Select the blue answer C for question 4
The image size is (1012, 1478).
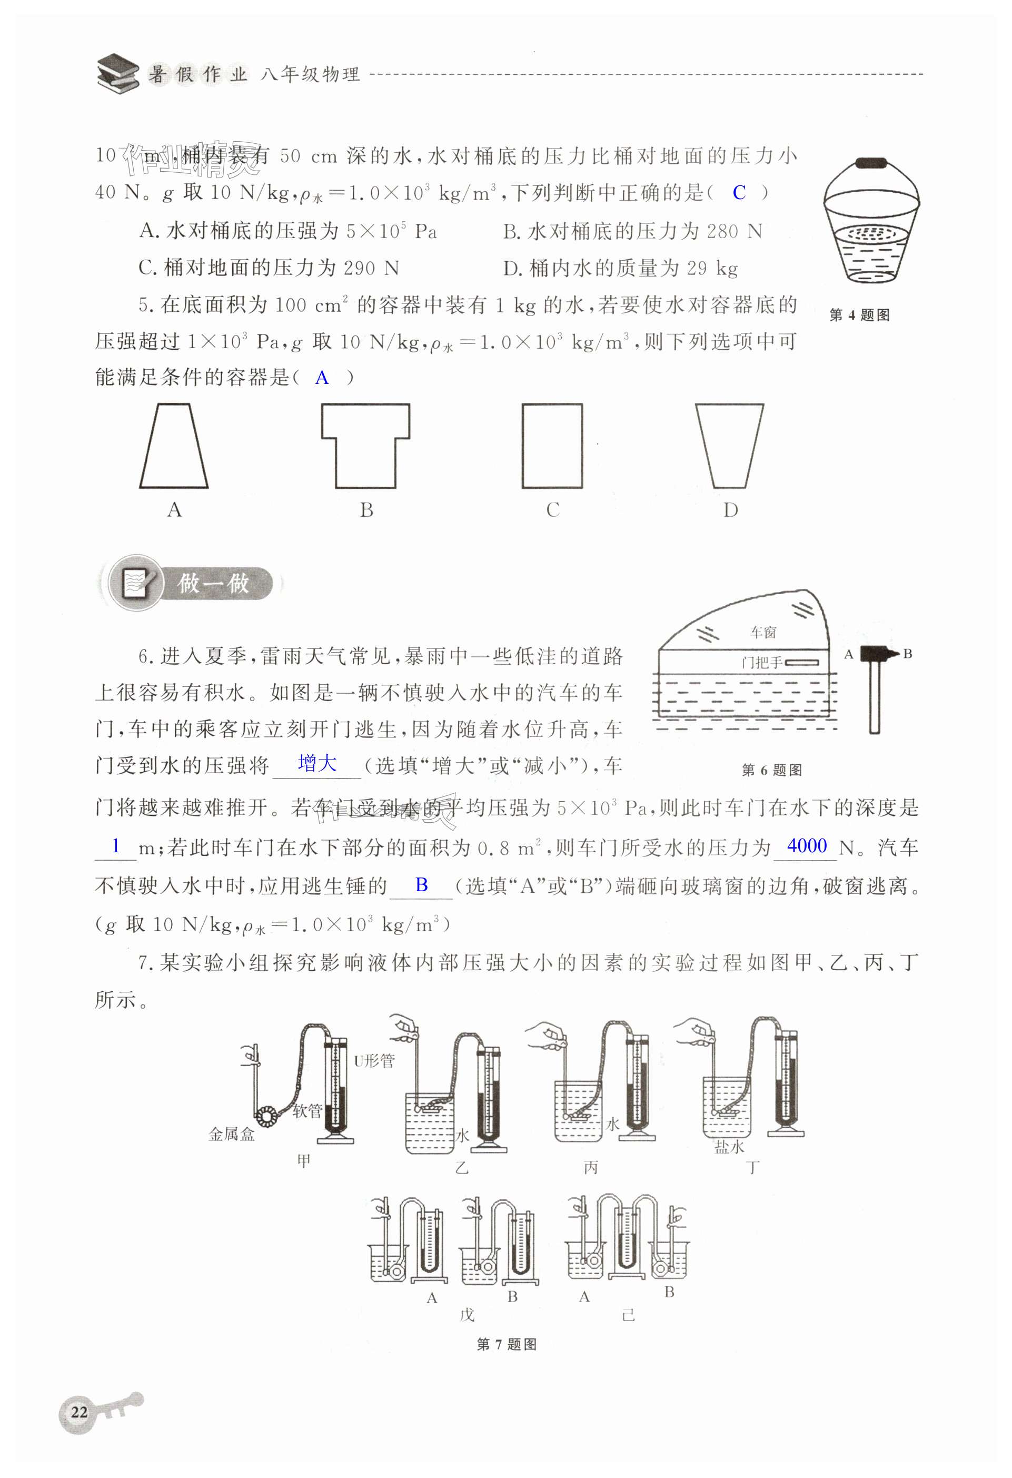pos(739,192)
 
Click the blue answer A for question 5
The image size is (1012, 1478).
pos(322,378)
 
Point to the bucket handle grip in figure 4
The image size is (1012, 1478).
pos(871,163)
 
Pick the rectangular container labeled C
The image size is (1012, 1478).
pos(522,445)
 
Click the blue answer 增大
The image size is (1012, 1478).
pos(317,763)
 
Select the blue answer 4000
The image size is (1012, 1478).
pos(807,846)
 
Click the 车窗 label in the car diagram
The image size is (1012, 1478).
pos(763,632)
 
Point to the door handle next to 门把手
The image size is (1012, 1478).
pos(801,663)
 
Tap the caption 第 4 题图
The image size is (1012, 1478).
pos(859,315)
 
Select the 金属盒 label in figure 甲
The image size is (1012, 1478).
pos(231,1134)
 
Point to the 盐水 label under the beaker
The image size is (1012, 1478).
pos(729,1147)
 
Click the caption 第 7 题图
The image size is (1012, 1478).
pos(506,1344)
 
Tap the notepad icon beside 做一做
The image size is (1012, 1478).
pos(135,583)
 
